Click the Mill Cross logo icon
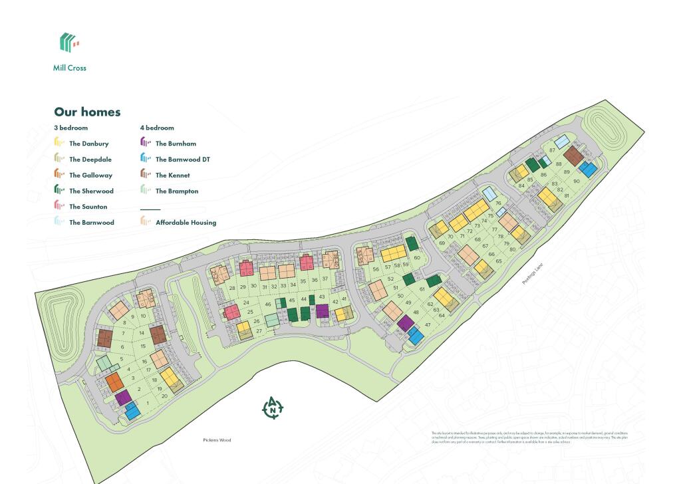tap(69, 43)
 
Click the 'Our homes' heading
tap(87, 112)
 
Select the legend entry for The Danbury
tap(88, 144)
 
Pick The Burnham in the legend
tap(176, 144)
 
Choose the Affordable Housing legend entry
tap(185, 223)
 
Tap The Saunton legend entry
tap(88, 207)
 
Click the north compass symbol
tap(273, 409)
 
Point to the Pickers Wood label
tap(217, 440)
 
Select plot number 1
tap(147, 404)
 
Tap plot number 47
tap(428, 324)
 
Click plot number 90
tap(577, 181)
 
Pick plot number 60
tap(417, 258)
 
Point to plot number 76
tap(498, 203)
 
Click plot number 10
tap(142, 316)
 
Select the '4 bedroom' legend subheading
tap(157, 128)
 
